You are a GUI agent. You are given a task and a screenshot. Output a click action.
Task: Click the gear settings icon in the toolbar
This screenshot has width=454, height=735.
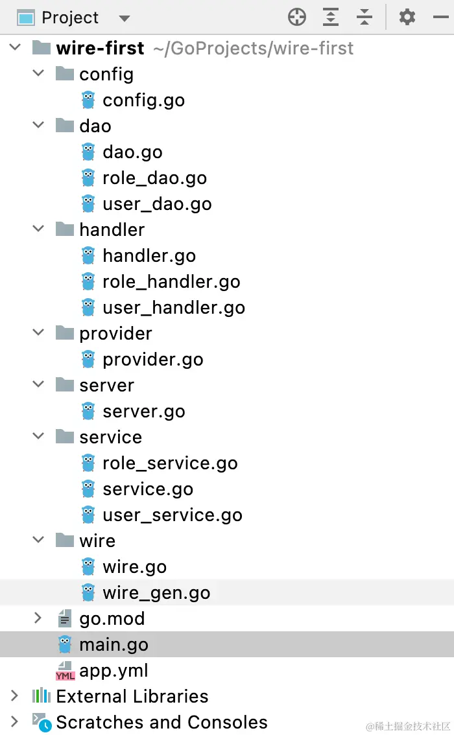407,17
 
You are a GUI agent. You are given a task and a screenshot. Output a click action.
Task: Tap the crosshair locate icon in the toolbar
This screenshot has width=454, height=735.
297,17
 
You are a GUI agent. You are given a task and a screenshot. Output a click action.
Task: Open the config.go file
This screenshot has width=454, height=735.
143,100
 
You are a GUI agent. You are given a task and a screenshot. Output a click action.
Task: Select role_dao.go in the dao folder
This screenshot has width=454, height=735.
154,178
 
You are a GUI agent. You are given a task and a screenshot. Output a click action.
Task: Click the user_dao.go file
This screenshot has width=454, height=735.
157,204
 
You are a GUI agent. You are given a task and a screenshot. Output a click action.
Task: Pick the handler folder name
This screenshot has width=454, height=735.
112,230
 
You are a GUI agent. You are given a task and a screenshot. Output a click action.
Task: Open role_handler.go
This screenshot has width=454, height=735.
171,282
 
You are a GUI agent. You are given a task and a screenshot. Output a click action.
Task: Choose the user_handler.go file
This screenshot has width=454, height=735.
174,308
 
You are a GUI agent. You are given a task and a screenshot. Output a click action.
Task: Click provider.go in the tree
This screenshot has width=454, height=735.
152,360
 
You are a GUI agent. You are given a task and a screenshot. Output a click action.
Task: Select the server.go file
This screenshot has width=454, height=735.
143,412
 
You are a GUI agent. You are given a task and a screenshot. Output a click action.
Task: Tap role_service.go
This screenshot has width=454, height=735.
170,463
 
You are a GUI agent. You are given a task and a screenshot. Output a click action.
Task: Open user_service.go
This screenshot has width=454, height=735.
173,515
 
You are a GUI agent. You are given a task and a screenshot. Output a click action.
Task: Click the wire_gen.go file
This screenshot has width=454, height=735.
156,593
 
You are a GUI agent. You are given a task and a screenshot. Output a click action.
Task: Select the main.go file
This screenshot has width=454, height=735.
113,645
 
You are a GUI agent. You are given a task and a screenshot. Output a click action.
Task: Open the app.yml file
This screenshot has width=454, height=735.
113,671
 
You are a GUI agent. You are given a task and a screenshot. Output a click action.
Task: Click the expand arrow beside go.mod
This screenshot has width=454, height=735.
38,618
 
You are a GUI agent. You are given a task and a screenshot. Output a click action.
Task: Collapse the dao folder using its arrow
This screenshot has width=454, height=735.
38,126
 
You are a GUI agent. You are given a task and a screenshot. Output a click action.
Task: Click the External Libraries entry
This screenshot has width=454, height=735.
132,697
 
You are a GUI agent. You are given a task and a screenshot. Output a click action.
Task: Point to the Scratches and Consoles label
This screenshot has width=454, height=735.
161,723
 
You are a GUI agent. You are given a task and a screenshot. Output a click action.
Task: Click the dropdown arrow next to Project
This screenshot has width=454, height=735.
125,18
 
